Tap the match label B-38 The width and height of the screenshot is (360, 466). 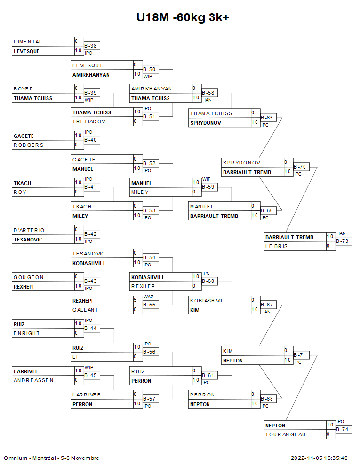pos(90,46)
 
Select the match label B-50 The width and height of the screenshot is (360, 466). pos(149,69)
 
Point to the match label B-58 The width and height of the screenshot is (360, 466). pos(208,93)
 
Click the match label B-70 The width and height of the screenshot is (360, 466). pos(300,166)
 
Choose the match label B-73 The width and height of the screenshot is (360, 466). pos(342,241)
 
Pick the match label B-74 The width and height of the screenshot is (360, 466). pos(342,429)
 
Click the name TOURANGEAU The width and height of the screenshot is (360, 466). pos(285,434)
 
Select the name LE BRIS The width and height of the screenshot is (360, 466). pos(276,246)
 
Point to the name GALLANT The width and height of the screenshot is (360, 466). pos(86,310)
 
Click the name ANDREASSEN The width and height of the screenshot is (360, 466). pos(33,380)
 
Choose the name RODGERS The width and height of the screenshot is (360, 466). pos(28,145)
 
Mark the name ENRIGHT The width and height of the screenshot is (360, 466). pos(27,333)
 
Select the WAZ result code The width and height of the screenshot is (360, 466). pos(148,297)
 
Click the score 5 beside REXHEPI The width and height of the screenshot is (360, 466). pos(135,300)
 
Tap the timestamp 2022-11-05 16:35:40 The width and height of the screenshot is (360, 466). pos(319,458)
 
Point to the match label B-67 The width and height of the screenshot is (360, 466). pos(267,305)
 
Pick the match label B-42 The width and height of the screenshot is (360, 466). pos(90,234)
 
